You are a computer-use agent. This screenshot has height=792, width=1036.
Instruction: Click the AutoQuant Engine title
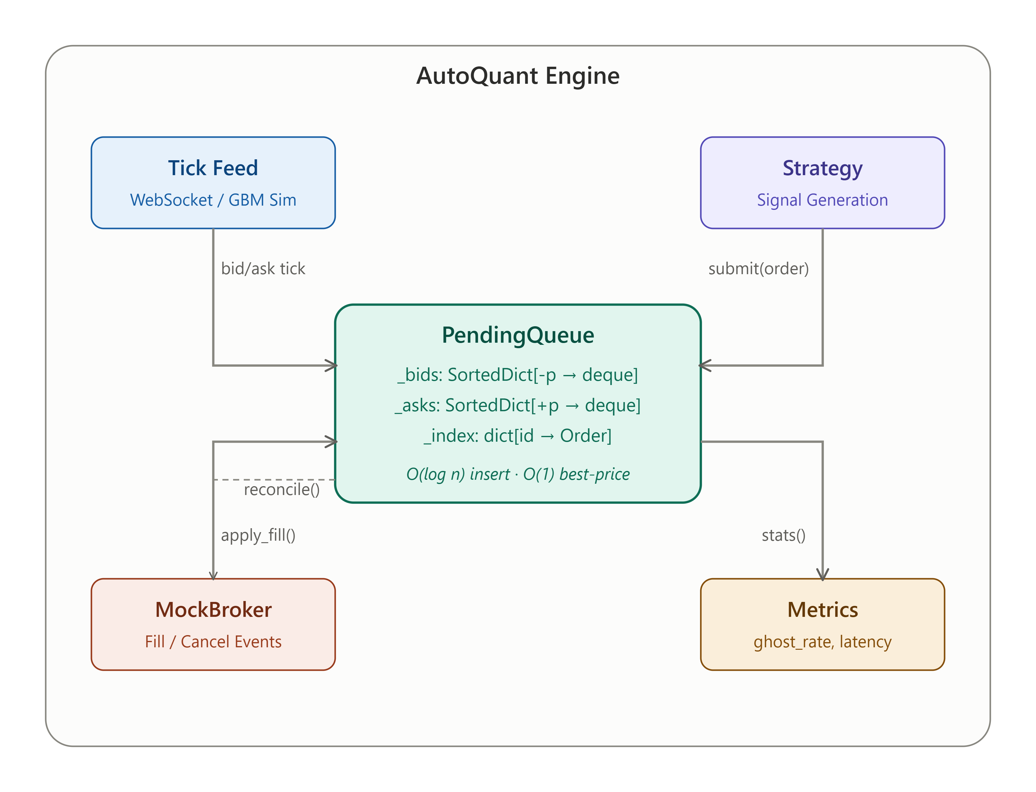(x=518, y=76)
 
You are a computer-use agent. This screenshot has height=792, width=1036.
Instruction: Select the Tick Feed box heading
(x=213, y=168)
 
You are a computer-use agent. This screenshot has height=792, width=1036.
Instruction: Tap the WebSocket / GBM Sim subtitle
(x=213, y=200)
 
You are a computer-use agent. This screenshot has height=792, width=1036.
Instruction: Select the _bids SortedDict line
(x=518, y=375)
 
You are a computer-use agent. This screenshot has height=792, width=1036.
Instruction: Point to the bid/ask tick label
(x=263, y=269)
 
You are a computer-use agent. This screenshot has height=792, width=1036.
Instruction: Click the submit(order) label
(x=759, y=269)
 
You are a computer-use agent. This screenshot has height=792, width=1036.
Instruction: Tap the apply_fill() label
(x=258, y=536)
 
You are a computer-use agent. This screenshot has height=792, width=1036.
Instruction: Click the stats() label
(x=784, y=536)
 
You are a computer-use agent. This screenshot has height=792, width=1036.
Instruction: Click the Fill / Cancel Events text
(x=213, y=642)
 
